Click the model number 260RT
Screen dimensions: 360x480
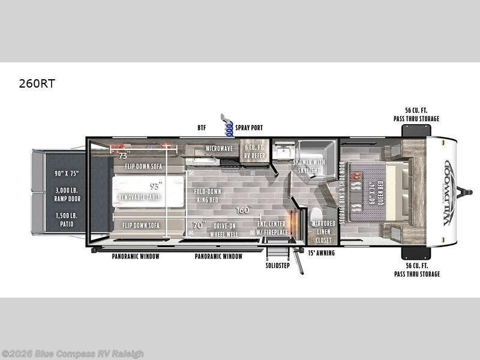(x=37, y=84)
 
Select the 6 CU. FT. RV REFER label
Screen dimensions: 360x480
(x=254, y=151)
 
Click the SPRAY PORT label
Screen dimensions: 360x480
(x=249, y=128)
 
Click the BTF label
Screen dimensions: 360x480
(x=202, y=128)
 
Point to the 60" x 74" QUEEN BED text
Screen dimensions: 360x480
(x=376, y=192)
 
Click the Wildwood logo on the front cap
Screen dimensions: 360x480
(x=449, y=192)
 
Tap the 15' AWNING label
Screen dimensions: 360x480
(x=322, y=253)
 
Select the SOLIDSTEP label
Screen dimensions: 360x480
(x=278, y=265)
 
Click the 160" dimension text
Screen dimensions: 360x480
(x=243, y=210)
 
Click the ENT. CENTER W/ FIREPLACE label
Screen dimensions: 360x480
(x=272, y=229)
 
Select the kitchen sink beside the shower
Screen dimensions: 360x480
(x=282, y=152)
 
